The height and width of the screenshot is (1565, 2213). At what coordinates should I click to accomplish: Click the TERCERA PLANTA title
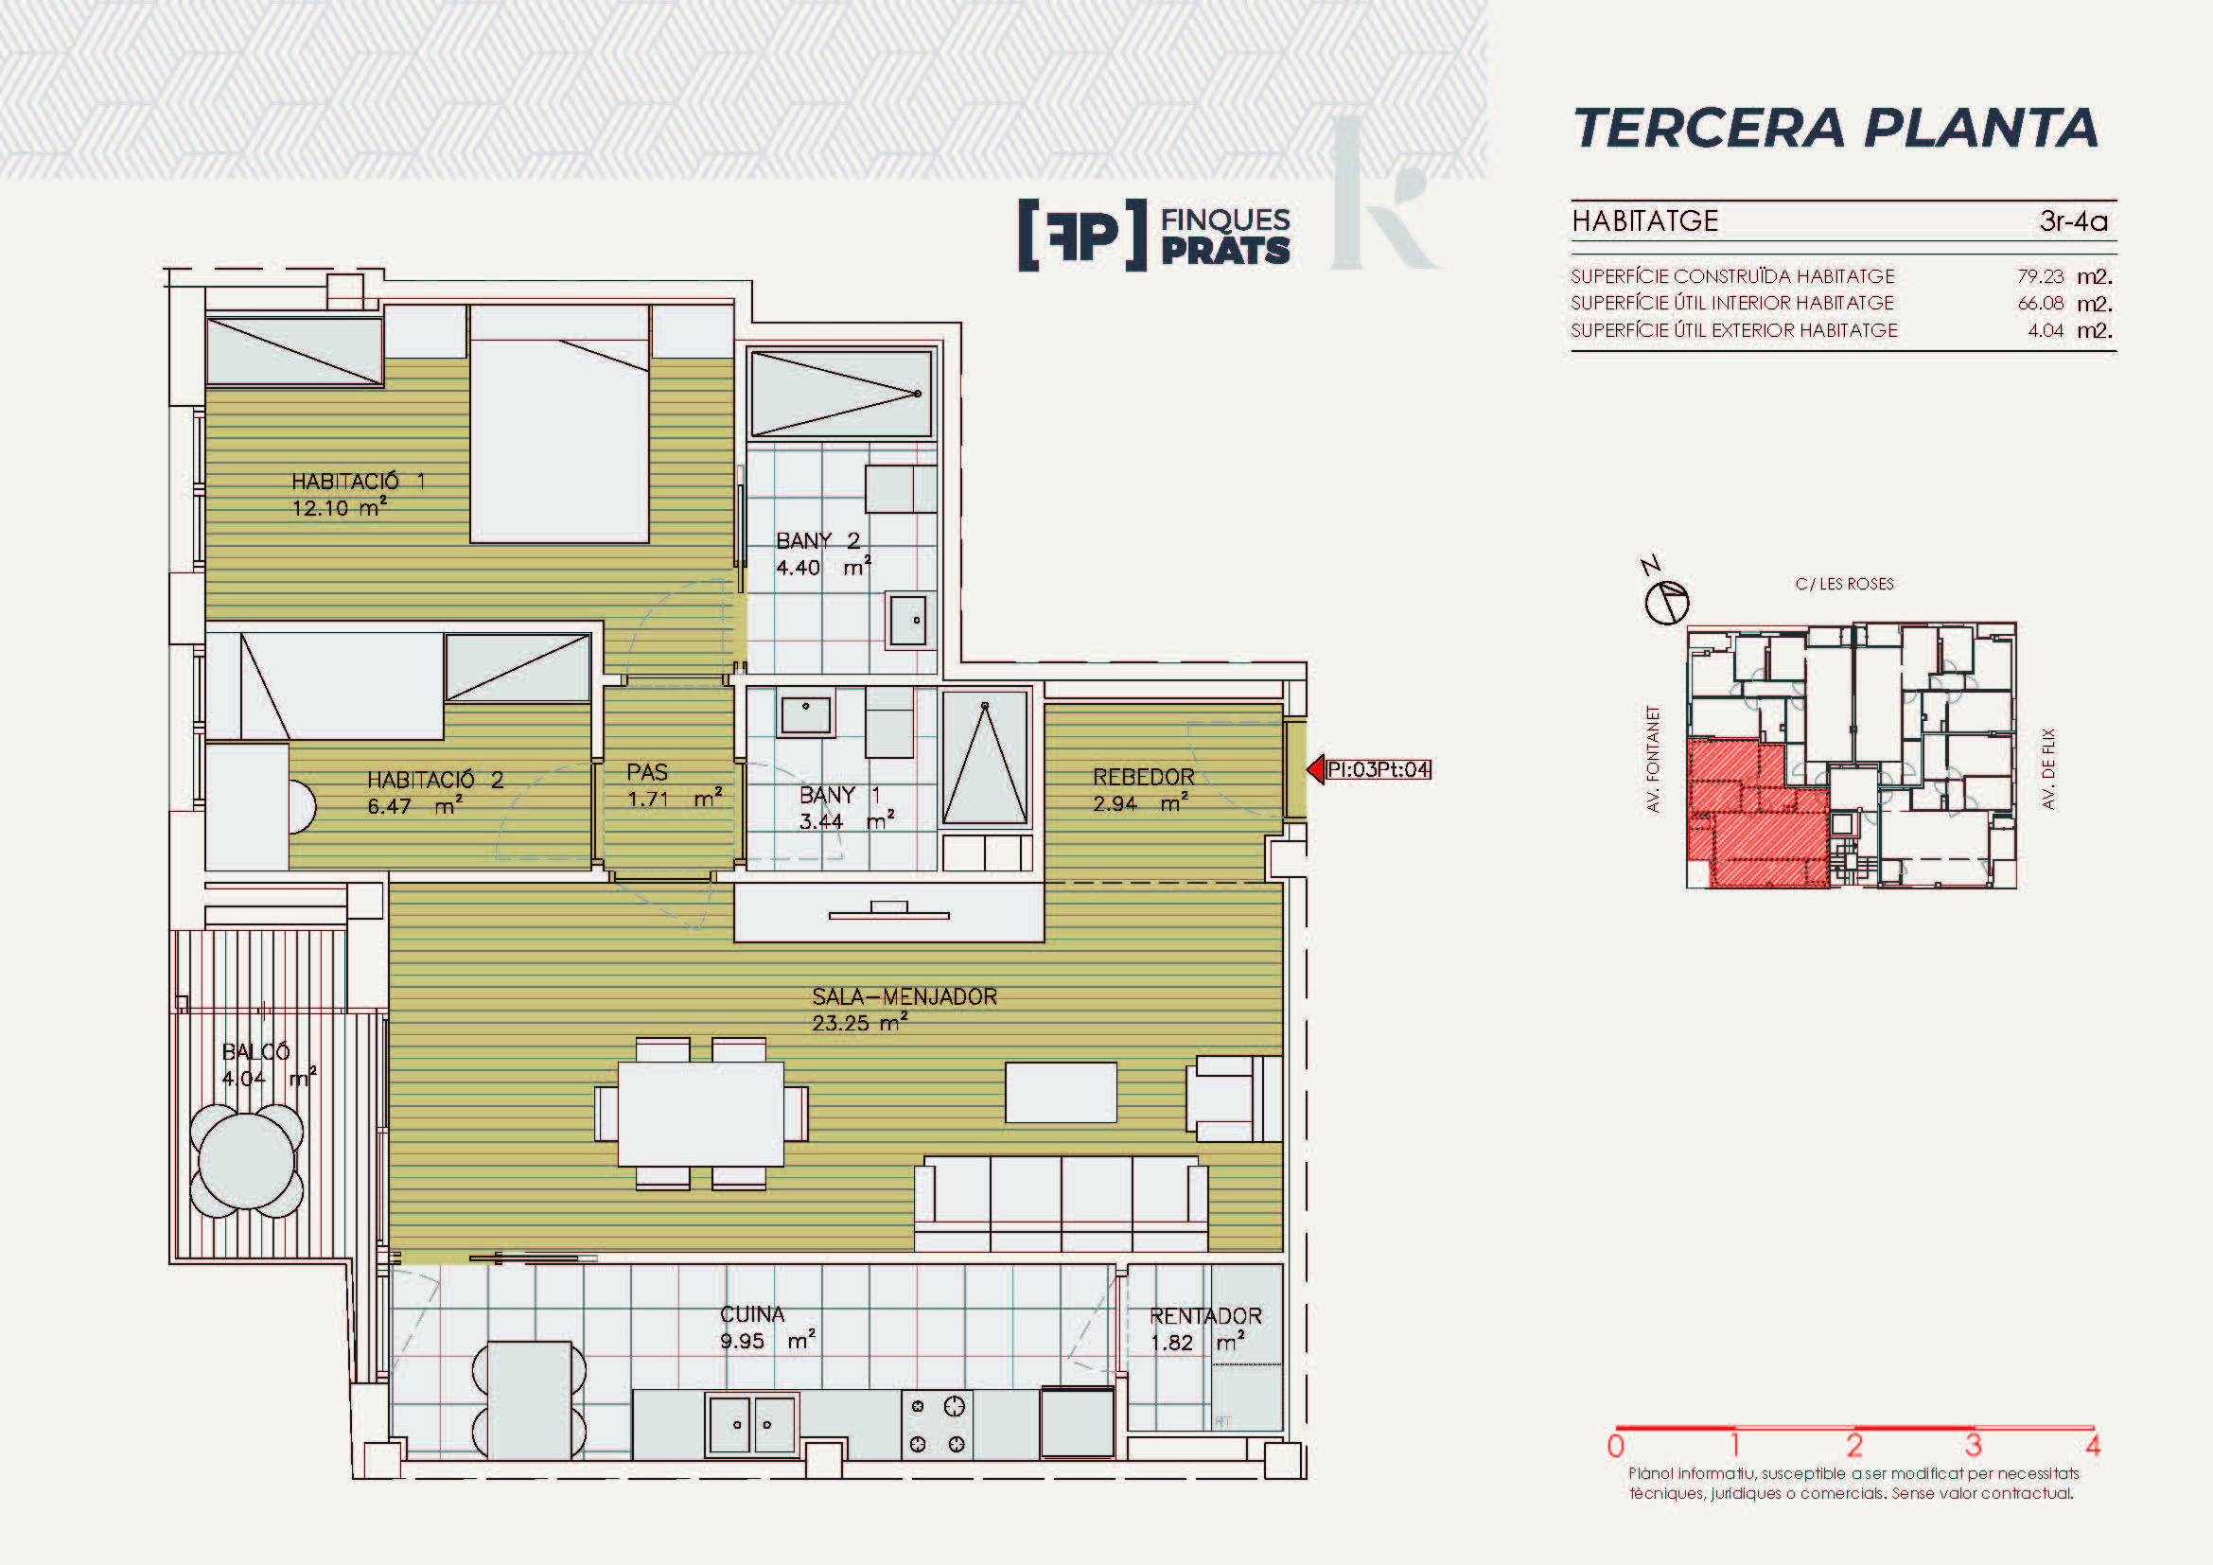click(1835, 128)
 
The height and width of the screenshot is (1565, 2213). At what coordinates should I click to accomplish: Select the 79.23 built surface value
click(2041, 276)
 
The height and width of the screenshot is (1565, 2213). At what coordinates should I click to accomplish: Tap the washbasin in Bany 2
click(908, 620)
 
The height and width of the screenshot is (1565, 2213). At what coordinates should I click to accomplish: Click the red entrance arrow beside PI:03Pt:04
click(1316, 769)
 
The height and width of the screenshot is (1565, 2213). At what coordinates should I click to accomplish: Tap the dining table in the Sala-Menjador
click(701, 1113)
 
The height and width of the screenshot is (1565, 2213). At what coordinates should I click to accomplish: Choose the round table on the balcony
click(247, 1160)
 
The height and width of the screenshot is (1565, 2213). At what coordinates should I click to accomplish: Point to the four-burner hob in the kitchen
click(937, 1424)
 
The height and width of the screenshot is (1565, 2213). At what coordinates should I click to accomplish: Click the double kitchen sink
click(752, 1423)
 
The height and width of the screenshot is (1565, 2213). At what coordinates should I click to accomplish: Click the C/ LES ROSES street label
click(1844, 584)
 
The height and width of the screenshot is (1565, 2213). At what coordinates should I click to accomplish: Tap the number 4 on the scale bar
click(2092, 1446)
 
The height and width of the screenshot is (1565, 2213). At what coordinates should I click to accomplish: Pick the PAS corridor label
click(647, 772)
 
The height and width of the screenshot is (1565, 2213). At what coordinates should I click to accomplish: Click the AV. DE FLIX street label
click(2049, 768)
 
